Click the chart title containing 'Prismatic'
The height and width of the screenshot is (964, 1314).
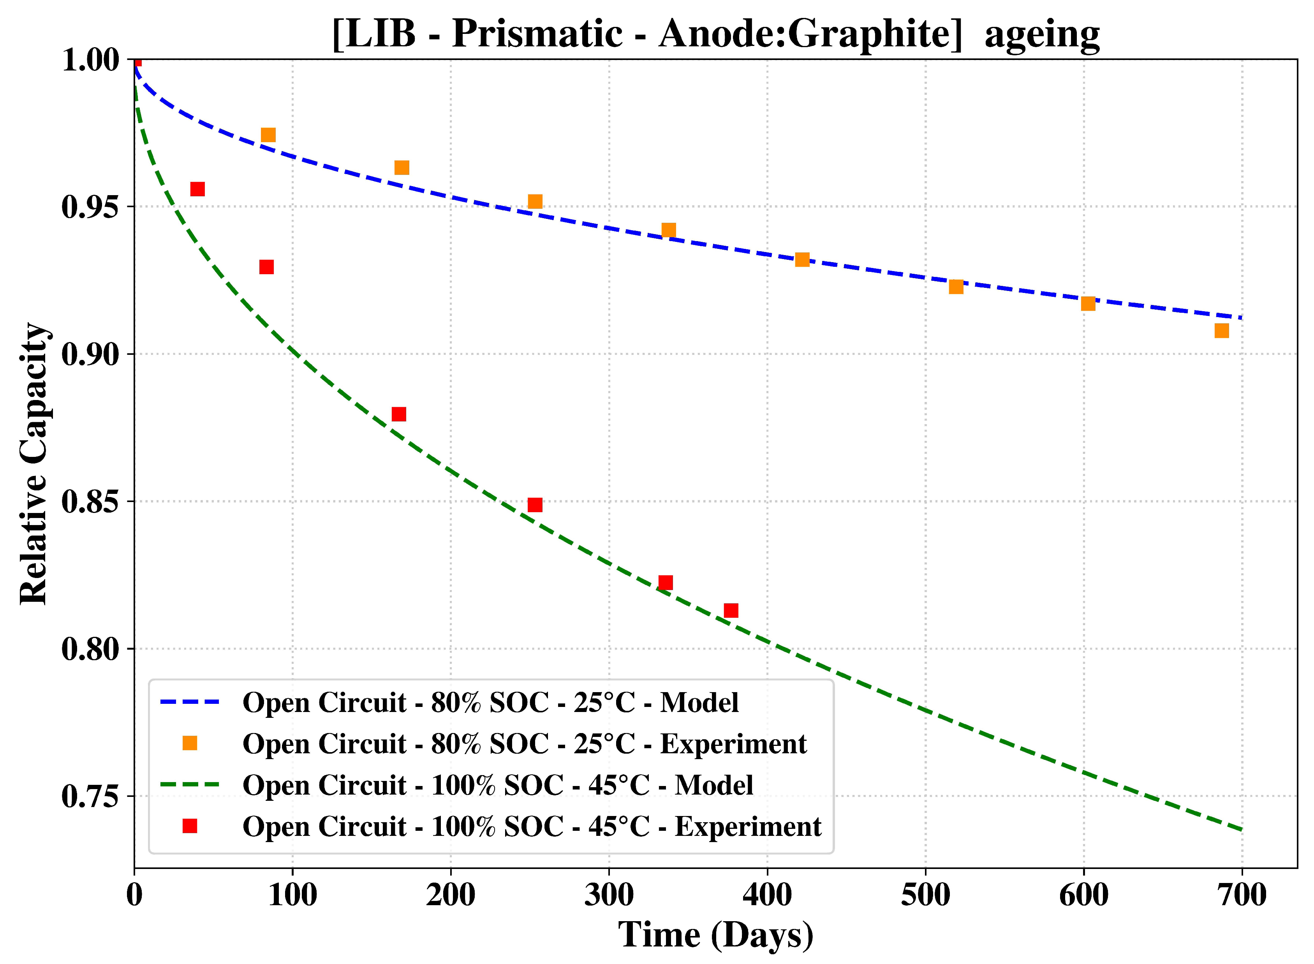715,34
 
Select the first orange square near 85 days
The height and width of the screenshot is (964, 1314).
268,136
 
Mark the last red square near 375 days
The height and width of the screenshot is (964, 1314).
731,610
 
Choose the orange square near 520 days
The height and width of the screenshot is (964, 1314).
956,287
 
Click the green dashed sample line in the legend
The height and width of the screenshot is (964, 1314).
190,785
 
